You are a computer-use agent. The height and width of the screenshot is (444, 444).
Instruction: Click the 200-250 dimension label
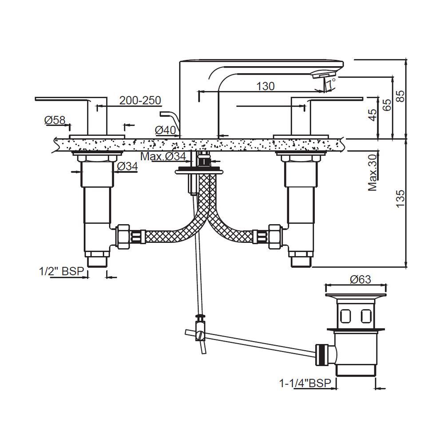click(140, 100)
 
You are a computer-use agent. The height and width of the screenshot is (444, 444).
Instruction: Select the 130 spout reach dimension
click(265, 86)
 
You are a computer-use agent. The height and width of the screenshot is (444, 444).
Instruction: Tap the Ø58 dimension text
click(55, 120)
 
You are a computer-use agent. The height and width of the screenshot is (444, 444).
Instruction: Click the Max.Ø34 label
click(163, 156)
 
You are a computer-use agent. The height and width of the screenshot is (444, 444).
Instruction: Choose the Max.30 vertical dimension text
click(373, 172)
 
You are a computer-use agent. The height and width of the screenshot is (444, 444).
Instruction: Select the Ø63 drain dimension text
click(360, 279)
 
